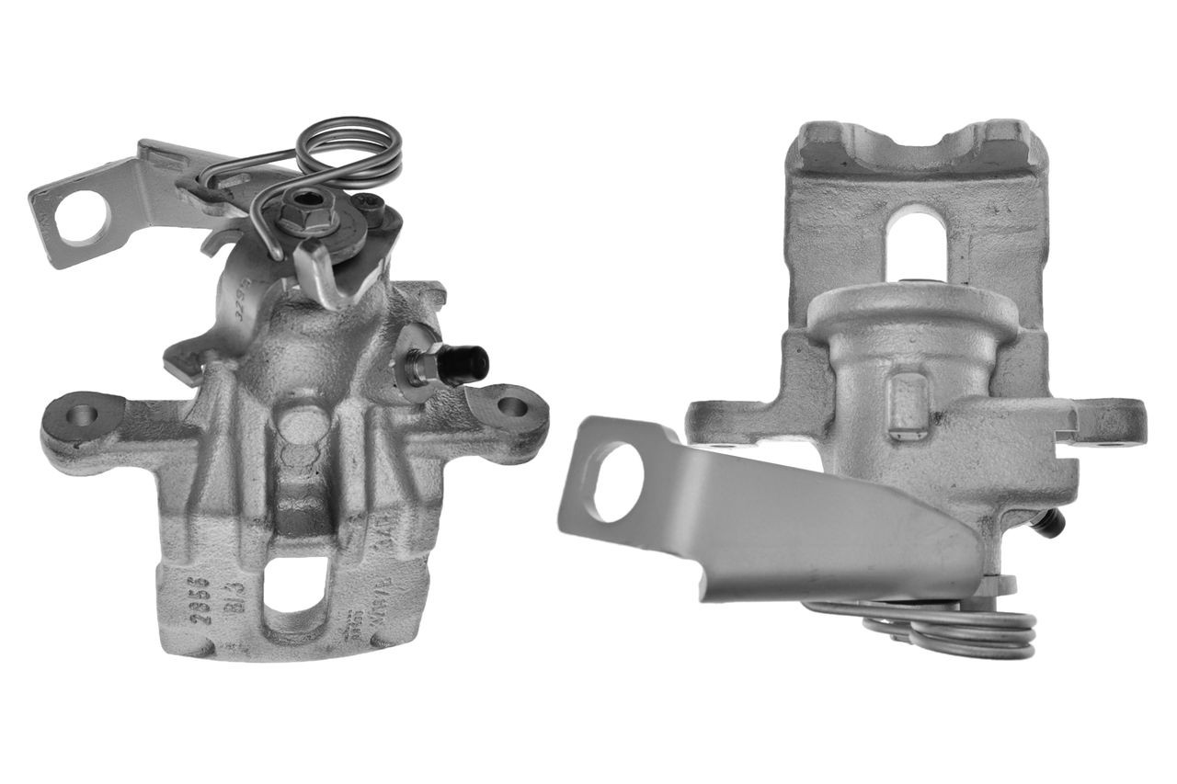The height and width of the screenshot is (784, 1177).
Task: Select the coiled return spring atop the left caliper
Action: pos(349,152)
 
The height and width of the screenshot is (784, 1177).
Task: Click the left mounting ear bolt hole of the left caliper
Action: pos(82,415)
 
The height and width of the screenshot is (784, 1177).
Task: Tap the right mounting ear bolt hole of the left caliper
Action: pos(511,405)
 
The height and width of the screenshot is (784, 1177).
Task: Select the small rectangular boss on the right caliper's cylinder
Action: pos(907,405)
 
